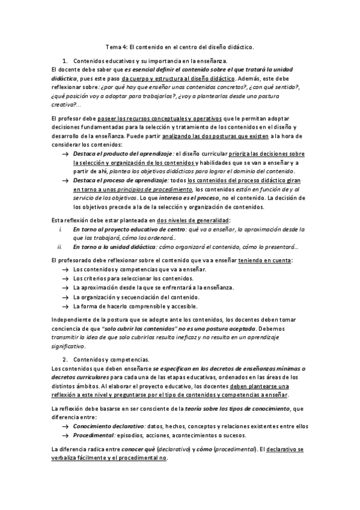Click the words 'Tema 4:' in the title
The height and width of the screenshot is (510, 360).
pyautogui.click(x=115, y=46)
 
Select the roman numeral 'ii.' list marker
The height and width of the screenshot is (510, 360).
pyautogui.click(x=59, y=247)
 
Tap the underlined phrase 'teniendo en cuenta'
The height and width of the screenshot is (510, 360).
pyautogui.click(x=265, y=259)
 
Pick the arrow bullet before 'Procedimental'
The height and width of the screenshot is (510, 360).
pyautogui.click(x=65, y=434)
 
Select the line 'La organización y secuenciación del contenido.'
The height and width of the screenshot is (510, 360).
pyautogui.click(x=136, y=297)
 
